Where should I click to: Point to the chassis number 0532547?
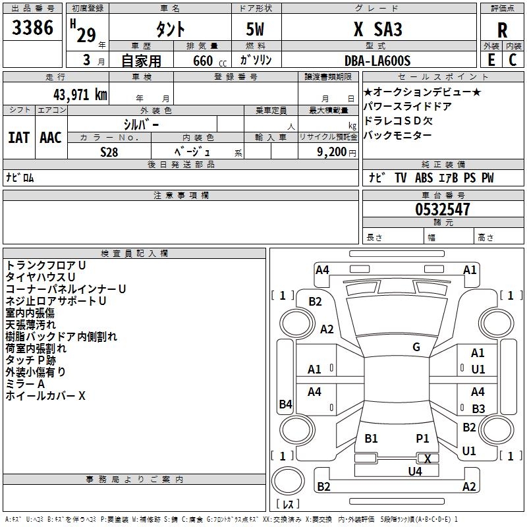[x=443, y=209]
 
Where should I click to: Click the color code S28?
[x=109, y=152]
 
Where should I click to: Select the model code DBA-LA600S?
[x=377, y=61]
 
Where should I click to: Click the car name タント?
[x=170, y=29]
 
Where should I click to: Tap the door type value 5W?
[x=256, y=30]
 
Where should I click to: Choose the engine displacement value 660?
[x=202, y=61]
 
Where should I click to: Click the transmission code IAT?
[x=18, y=137]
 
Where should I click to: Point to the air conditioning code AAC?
[x=51, y=137]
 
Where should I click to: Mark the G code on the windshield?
[x=416, y=347]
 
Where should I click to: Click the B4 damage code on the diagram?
[x=285, y=404]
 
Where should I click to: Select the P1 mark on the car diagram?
[x=422, y=438]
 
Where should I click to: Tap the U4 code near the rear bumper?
[x=415, y=471]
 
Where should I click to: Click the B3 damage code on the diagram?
[x=478, y=409]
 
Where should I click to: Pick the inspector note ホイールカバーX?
[x=45, y=396]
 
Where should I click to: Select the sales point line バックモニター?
[x=397, y=135]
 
